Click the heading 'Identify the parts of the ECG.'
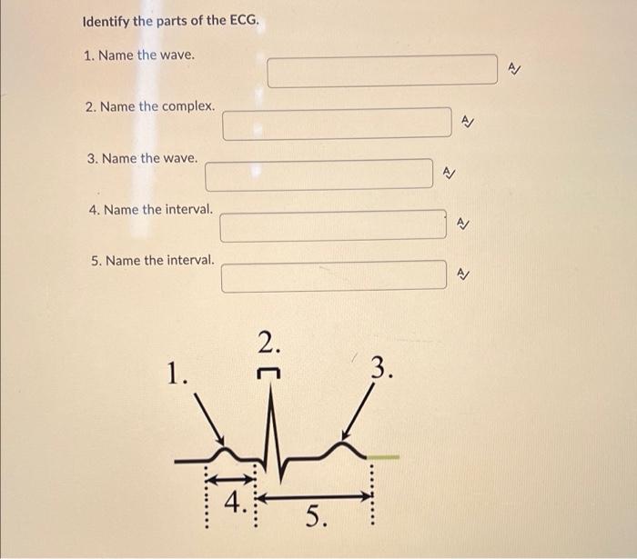coord(170,21)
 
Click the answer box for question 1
coord(382,71)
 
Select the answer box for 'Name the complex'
coord(337,123)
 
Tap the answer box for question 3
coord(318,174)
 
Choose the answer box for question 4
coord(333,226)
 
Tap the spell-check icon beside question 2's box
coord(467,119)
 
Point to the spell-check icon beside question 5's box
coord(462,273)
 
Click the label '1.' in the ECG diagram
coord(178,374)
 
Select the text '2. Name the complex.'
coord(150,107)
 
